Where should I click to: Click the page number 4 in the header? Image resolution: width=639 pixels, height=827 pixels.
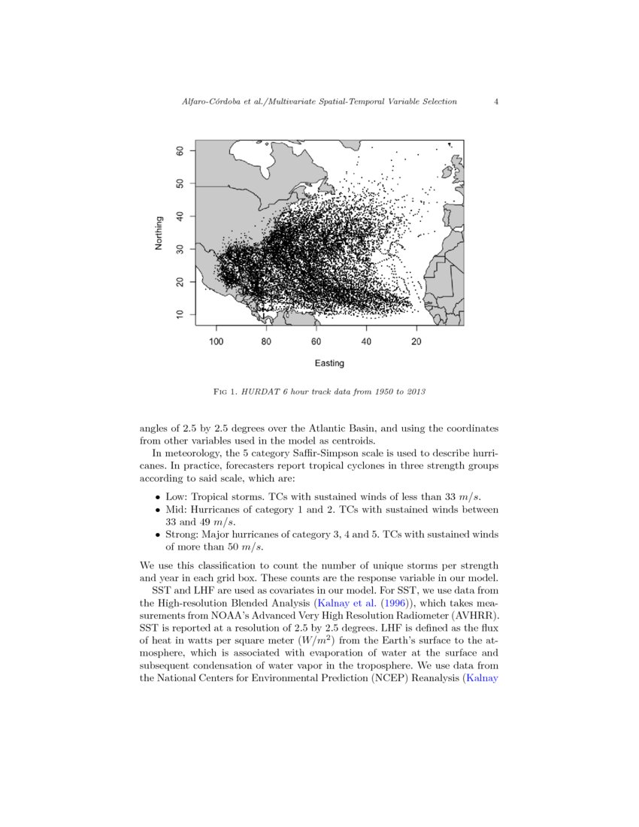pyautogui.click(x=497, y=101)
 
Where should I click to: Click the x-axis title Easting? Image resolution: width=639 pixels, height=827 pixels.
pyautogui.click(x=329, y=363)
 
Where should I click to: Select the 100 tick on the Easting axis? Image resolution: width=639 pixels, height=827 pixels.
pyautogui.click(x=217, y=342)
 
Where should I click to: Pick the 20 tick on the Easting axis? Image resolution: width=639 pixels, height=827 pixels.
pyautogui.click(x=416, y=342)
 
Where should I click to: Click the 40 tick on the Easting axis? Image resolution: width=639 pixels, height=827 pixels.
pyautogui.click(x=367, y=342)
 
